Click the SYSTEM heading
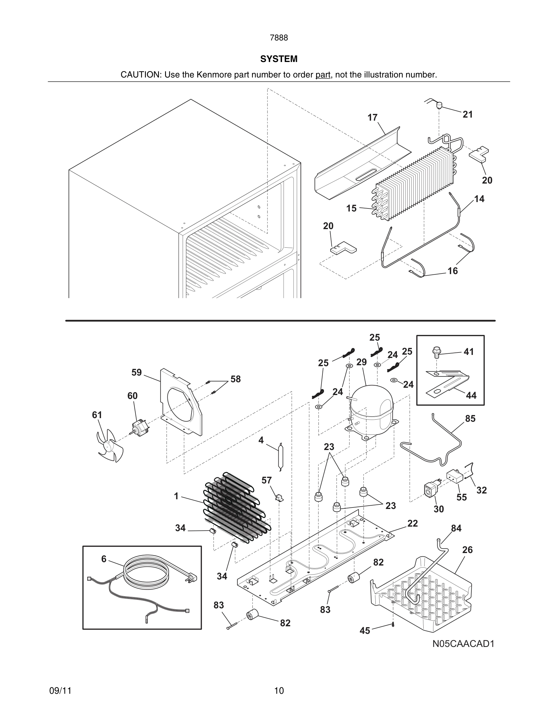[x=279, y=59]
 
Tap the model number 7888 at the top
[x=279, y=38]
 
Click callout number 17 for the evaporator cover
[x=372, y=118]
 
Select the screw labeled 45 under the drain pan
[x=393, y=624]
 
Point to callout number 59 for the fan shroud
[x=136, y=373]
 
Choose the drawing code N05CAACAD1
[x=463, y=644]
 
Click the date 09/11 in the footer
[x=60, y=691]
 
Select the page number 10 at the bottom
[x=279, y=691]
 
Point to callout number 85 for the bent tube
[x=470, y=418]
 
